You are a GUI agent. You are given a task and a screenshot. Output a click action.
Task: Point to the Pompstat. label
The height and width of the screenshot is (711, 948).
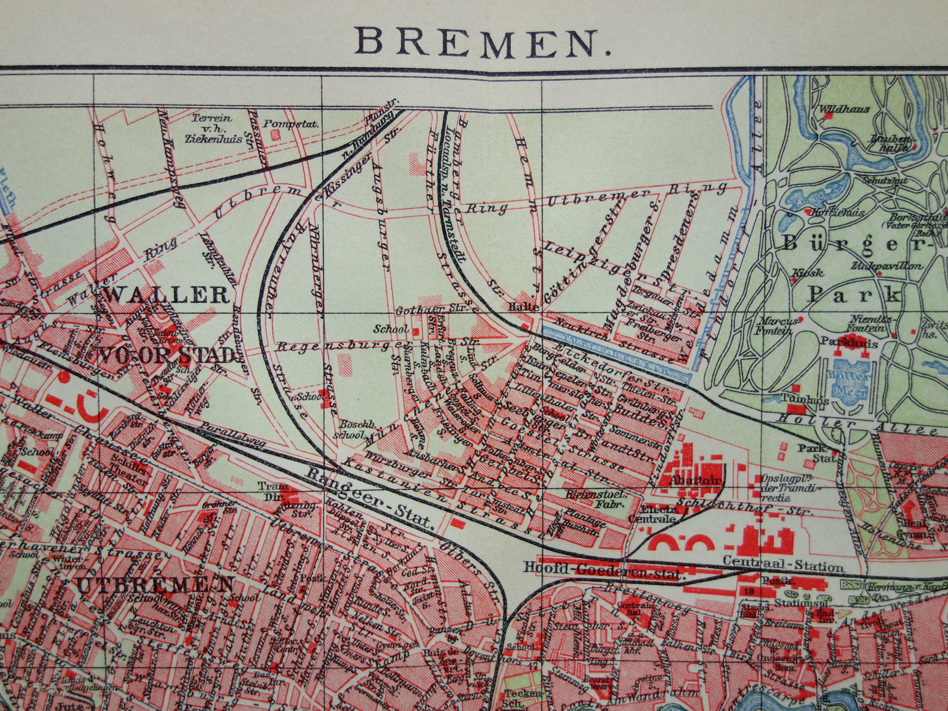click(x=291, y=124)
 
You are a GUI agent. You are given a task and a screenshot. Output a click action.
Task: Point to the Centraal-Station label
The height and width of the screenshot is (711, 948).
click(x=784, y=567)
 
